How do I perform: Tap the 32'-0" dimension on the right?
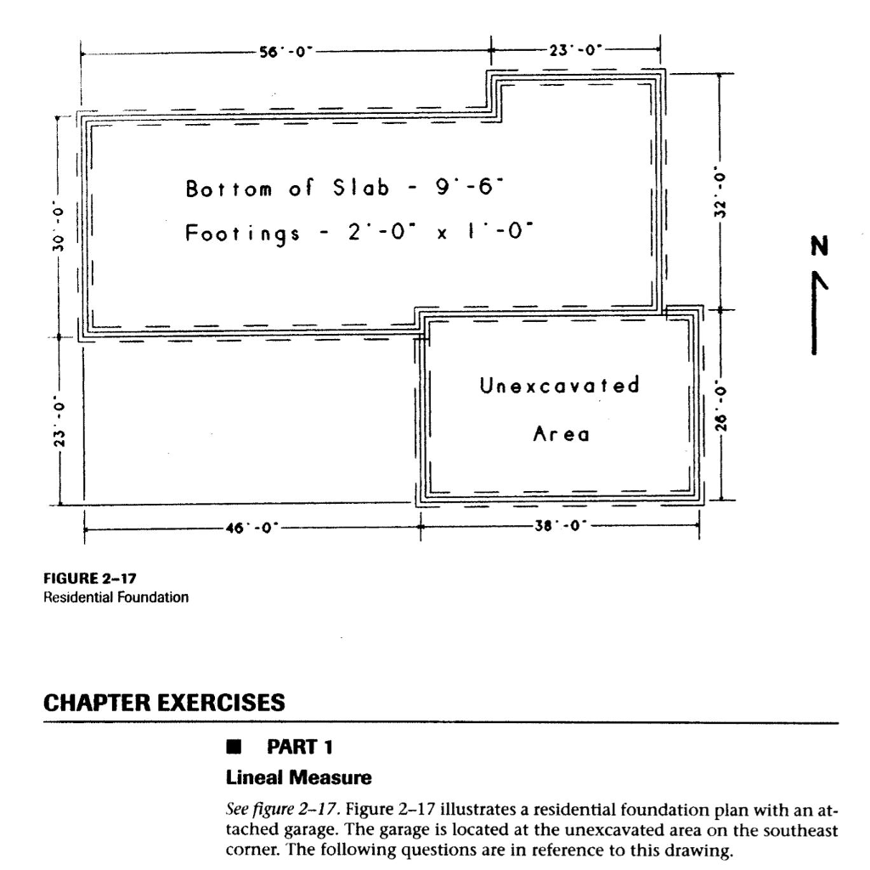[720, 191]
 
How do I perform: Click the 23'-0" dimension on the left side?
[58, 421]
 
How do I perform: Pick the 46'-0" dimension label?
[250, 528]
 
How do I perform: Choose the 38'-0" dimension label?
[558, 527]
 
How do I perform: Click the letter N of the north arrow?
[818, 247]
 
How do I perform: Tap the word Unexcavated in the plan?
[559, 387]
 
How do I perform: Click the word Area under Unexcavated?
[561, 434]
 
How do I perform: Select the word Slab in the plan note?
[359, 187]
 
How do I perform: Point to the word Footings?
[242, 231]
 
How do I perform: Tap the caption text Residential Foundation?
[116, 596]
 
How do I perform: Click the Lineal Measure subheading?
[286, 777]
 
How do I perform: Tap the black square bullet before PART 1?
[230, 749]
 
